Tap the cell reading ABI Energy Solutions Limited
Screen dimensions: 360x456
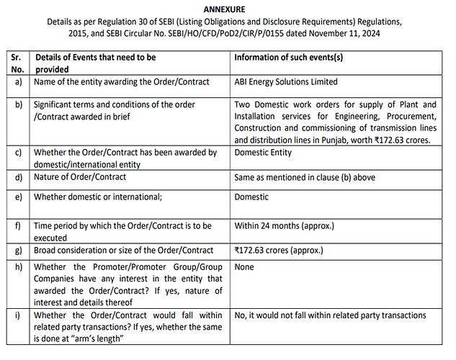(286, 82)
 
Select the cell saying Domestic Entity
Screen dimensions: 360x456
(264, 153)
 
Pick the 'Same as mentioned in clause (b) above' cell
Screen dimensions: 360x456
(305, 177)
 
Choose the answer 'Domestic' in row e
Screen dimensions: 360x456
(251, 197)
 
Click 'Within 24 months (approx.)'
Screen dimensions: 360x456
(284, 226)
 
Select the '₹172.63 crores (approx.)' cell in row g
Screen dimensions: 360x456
(280, 251)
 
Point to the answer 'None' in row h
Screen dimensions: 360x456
(245, 267)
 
